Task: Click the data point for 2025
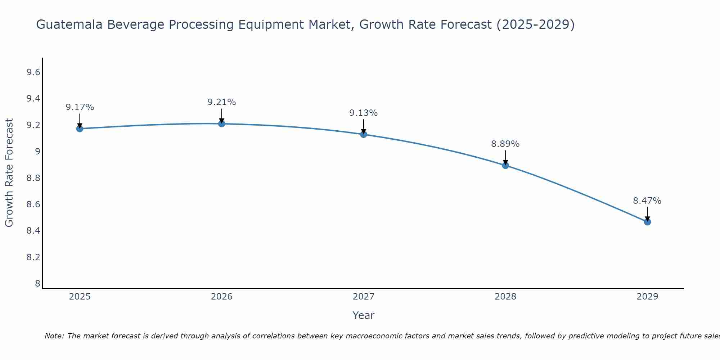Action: click(x=80, y=129)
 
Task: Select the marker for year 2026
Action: click(x=221, y=123)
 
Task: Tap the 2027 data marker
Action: click(x=363, y=134)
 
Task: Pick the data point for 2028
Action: click(x=505, y=165)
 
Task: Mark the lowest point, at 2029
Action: click(x=647, y=222)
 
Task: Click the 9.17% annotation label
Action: click(x=80, y=107)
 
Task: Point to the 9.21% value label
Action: click(x=221, y=102)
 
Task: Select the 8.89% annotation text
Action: click(x=505, y=144)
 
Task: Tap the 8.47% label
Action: click(x=647, y=201)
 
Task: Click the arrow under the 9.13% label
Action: click(x=363, y=126)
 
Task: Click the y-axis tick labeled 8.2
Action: click(x=33, y=257)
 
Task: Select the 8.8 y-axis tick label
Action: click(x=33, y=178)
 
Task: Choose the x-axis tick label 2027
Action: click(x=363, y=297)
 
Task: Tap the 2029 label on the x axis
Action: click(x=647, y=297)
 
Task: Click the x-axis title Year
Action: click(x=363, y=315)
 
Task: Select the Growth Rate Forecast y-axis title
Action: click(x=9, y=173)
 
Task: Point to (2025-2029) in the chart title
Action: click(x=535, y=24)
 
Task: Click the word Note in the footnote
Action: click(x=54, y=336)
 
